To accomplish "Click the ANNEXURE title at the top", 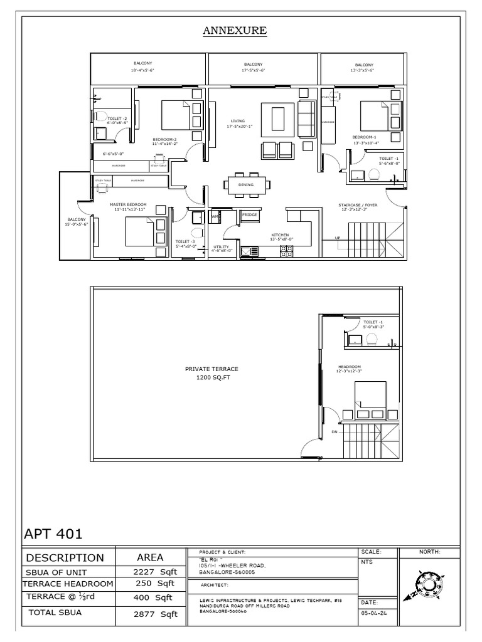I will (235, 31).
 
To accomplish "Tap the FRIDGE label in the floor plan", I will (250, 215).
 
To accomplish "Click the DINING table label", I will (246, 184).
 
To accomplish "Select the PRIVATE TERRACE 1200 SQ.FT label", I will (212, 374).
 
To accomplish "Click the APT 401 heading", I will (53, 534).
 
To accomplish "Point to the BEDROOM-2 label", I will (164, 140).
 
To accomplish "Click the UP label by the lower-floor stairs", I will (338, 238).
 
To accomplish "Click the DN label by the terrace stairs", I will (334, 432).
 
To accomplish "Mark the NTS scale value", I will (367, 562).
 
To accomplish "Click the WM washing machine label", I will (215, 217).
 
